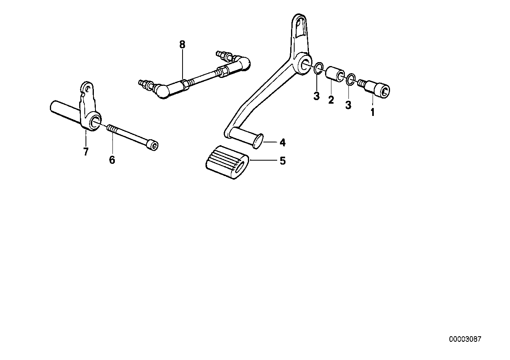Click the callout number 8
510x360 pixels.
click(x=182, y=45)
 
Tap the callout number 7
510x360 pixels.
click(x=86, y=152)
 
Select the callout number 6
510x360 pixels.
click(x=112, y=160)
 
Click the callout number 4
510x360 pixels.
click(x=282, y=142)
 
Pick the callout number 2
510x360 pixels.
click(x=331, y=100)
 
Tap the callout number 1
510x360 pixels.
click(x=373, y=112)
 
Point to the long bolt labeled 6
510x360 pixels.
click(x=133, y=138)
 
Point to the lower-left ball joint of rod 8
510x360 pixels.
click(x=161, y=91)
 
